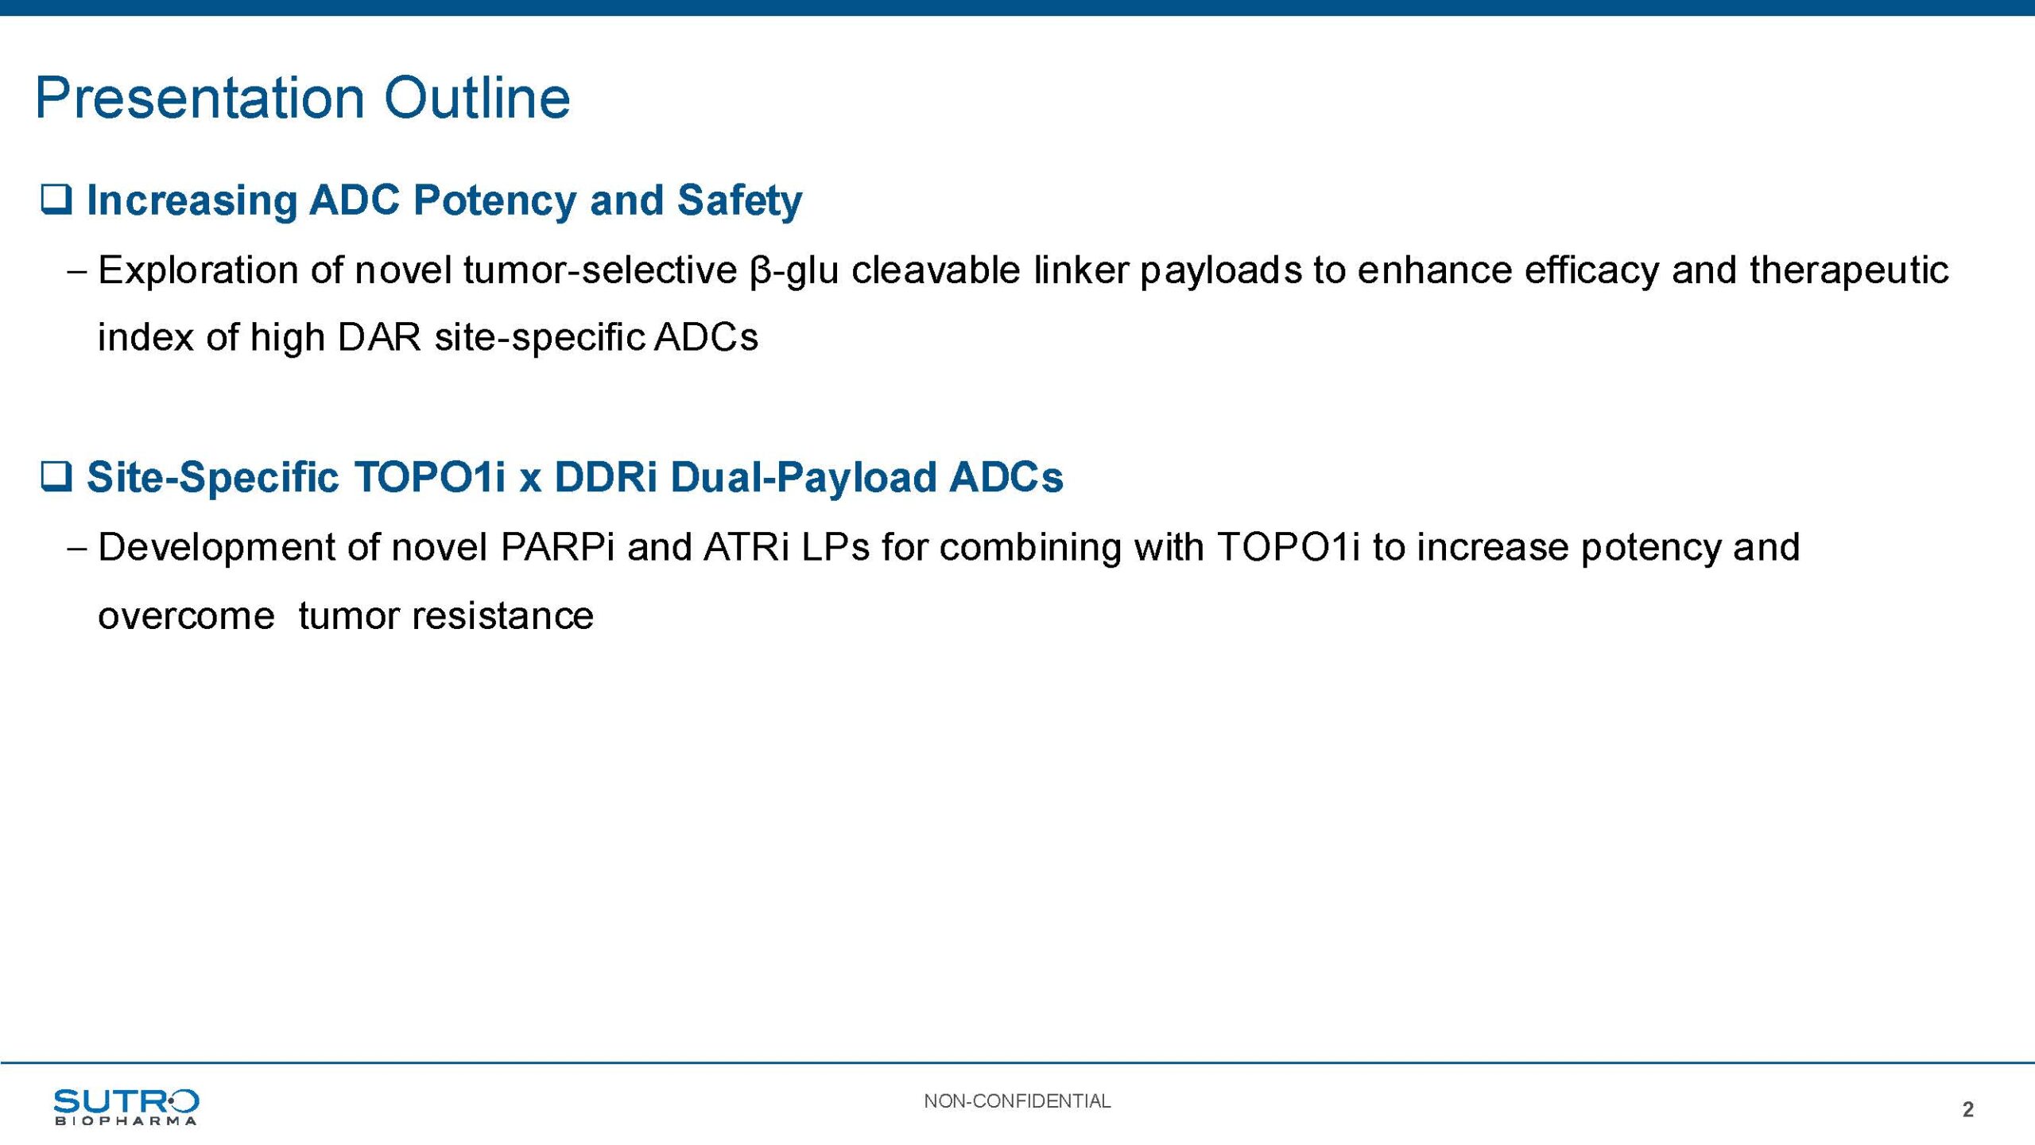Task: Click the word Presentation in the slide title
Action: [200, 99]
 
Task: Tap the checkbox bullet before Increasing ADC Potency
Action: [56, 200]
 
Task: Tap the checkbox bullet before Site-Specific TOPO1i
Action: [56, 476]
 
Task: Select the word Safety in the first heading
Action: [739, 200]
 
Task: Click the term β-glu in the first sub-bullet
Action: [793, 270]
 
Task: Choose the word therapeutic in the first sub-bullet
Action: [1849, 270]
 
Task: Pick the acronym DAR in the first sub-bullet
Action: [379, 337]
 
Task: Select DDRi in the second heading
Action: [606, 477]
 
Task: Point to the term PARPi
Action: [557, 547]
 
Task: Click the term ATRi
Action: [746, 547]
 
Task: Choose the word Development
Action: [238, 548]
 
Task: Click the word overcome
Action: [186, 616]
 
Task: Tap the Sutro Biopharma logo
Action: [126, 1107]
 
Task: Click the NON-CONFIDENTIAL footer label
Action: [1017, 1101]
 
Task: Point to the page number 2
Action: [1967, 1109]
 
